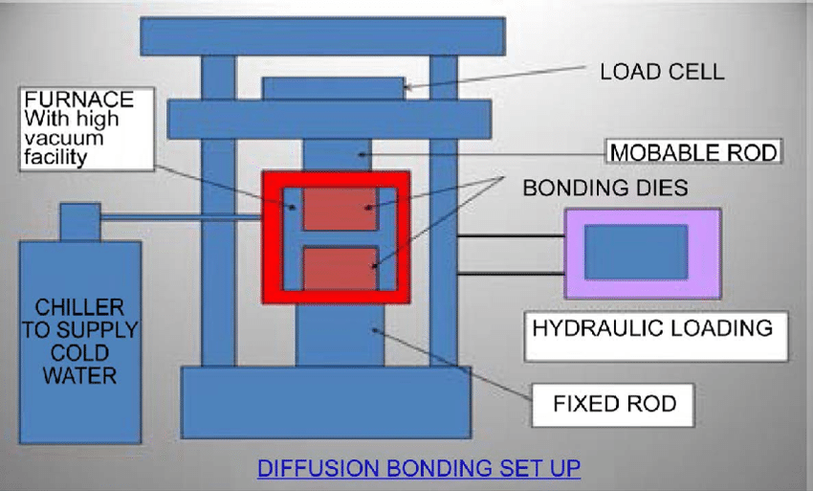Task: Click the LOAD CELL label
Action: (661, 72)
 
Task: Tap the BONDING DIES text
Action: (604, 188)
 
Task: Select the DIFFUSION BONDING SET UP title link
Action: (419, 468)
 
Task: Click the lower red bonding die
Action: (340, 268)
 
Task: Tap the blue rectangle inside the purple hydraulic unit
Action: (635, 252)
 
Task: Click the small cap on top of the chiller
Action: (80, 221)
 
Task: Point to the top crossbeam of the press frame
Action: (322, 36)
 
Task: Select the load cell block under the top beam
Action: (333, 88)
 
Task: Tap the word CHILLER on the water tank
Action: (79, 307)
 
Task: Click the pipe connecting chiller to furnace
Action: (182, 220)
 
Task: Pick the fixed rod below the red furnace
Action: (340, 335)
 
